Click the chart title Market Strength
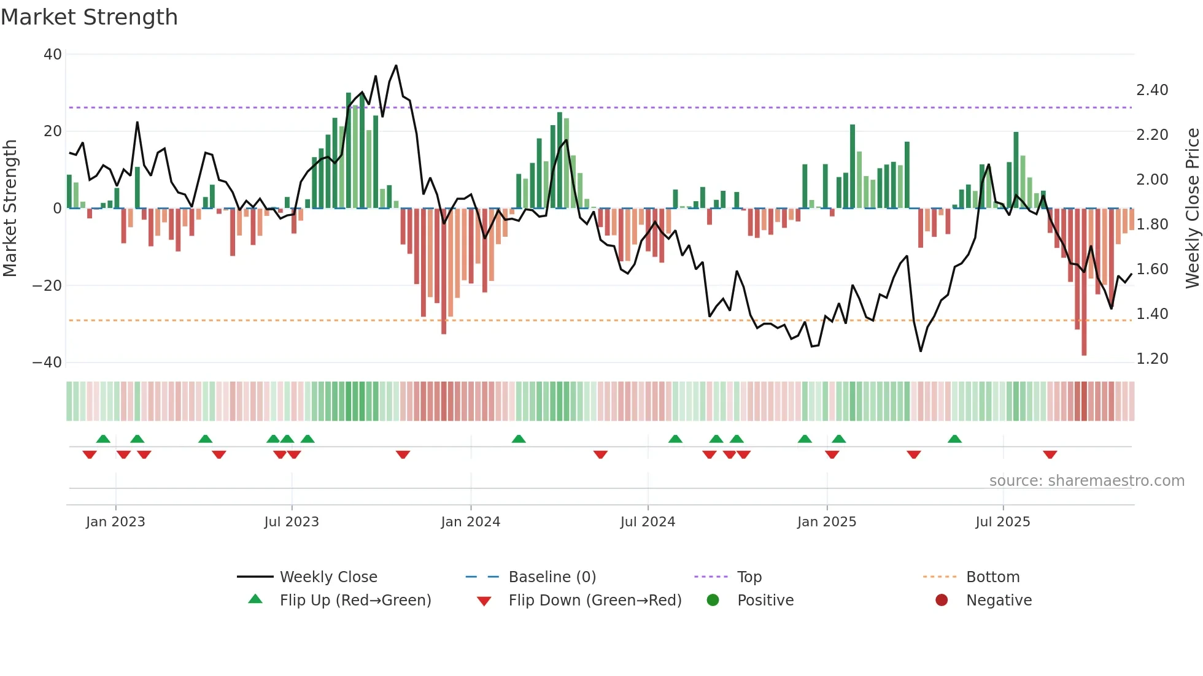[x=89, y=17]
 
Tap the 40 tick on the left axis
[x=53, y=55]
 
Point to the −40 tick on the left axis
[x=47, y=363]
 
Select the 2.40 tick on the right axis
[x=1152, y=90]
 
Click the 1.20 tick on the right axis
[x=1152, y=359]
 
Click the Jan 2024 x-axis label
[x=470, y=522]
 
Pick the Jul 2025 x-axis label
[x=1002, y=522]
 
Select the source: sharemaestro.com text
[x=1086, y=481]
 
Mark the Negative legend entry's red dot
[x=942, y=601]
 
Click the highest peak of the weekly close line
[x=396, y=66]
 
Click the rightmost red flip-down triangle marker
[x=1050, y=455]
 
